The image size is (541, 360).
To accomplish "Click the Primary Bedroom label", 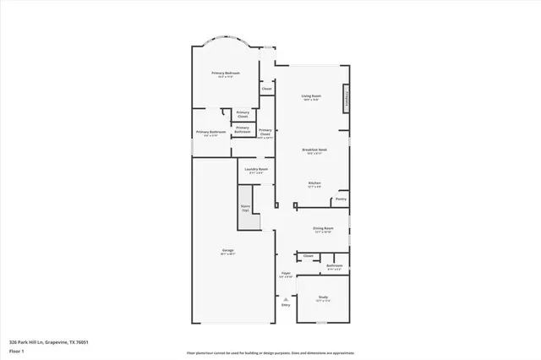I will (x=226, y=74).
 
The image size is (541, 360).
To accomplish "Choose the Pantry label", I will (x=340, y=199).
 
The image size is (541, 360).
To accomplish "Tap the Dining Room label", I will (x=323, y=228).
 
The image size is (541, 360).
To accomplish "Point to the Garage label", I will (x=227, y=251).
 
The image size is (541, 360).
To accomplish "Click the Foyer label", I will (x=286, y=274).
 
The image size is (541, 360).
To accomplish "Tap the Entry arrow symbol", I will (x=286, y=299).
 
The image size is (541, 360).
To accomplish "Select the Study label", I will (x=323, y=297).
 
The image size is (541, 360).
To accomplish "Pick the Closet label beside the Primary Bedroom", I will (x=266, y=88).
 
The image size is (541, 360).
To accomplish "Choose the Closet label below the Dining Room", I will (x=308, y=255).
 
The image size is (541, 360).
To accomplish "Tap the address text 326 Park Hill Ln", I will (x=48, y=342).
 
